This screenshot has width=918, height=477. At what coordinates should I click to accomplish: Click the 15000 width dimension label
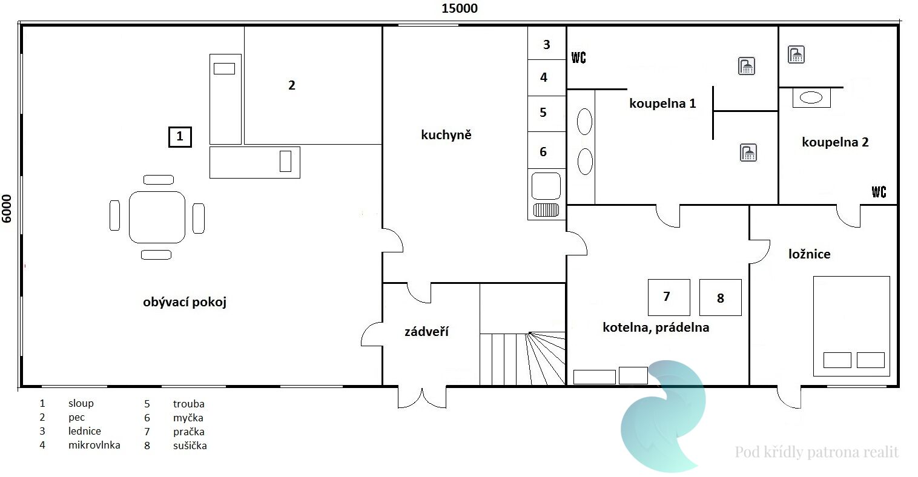tap(460, 8)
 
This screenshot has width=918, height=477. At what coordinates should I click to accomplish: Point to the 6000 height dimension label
tap(7, 209)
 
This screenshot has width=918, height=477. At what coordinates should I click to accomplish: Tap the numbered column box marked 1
tap(180, 137)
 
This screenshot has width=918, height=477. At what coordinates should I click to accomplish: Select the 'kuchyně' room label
tap(446, 135)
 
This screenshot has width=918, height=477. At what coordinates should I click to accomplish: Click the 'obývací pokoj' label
tap(185, 303)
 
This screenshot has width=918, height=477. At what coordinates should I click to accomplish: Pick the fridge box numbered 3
tap(547, 43)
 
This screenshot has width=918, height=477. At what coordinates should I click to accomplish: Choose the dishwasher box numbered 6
tap(547, 150)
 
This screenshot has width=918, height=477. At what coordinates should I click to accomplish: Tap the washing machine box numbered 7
tap(669, 297)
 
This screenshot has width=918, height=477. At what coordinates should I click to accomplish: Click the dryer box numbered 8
tap(721, 297)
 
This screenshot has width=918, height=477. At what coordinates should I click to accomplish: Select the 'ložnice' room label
tap(810, 254)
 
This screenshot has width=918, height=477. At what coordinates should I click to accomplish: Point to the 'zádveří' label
tap(427, 331)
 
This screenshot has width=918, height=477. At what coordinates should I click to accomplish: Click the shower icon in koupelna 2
tap(796, 54)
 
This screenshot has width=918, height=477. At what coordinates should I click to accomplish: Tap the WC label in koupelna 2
tap(879, 192)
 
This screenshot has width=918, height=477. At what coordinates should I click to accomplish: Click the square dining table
tap(157, 217)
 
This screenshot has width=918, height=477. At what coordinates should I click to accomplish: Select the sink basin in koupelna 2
tap(811, 97)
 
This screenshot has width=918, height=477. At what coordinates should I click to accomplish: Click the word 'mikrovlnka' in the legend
tap(94, 445)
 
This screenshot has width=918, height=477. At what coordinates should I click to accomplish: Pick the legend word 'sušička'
tap(190, 446)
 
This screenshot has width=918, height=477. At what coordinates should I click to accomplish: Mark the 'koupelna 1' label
tap(662, 104)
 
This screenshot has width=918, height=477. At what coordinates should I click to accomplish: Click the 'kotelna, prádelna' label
tap(656, 327)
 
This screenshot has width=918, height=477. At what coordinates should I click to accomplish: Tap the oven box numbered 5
tap(547, 114)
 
